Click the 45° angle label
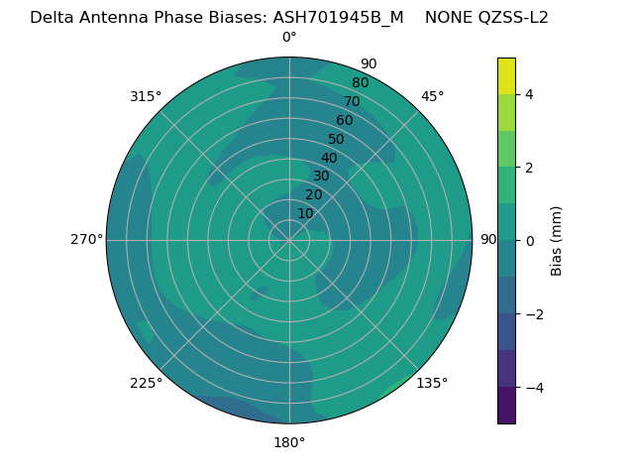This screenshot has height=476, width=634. pos(433,96)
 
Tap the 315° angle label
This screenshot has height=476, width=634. pos(146,96)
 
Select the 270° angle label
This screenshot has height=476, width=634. pos(86,240)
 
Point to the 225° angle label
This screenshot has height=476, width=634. pos(146,384)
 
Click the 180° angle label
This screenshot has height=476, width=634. pos(289,442)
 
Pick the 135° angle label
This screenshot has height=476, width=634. pos(432,384)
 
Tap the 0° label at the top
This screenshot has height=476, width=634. pos(289,38)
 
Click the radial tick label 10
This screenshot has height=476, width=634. pos(305,214)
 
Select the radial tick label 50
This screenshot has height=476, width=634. pos(337,140)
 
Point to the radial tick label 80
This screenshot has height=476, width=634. pos(360,83)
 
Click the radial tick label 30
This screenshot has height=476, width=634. pos(321,177)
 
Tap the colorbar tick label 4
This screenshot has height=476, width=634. pos(530,94)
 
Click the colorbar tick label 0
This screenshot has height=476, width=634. pos(530,241)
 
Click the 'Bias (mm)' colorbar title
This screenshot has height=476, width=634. pos(557,240)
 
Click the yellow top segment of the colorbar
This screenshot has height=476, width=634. pos(506,75)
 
